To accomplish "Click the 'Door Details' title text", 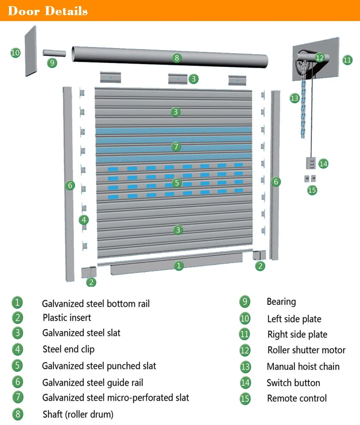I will click(x=48, y=11).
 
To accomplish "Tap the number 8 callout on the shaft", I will click(x=177, y=58).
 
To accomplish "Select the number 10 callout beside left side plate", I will click(x=15, y=53).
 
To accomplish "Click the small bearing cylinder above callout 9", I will click(x=54, y=53).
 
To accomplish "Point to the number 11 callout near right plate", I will click(x=347, y=60).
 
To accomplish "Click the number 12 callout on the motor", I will click(x=320, y=57).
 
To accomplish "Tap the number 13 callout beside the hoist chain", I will click(x=294, y=98).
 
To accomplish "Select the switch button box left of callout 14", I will click(x=311, y=163).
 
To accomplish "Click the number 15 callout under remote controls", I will click(x=312, y=190).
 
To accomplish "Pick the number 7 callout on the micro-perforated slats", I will click(x=176, y=147).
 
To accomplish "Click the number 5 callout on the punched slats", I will click(x=177, y=183).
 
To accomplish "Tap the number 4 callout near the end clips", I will click(x=84, y=220).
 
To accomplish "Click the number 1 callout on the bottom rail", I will click(x=179, y=266).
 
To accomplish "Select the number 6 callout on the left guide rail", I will click(x=70, y=185).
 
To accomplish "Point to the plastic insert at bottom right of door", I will click(x=259, y=255).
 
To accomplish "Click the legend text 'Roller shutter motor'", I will click(x=306, y=350).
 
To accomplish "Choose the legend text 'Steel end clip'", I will click(x=68, y=349).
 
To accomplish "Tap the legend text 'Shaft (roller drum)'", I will click(x=78, y=414).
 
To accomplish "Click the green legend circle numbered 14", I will click(x=245, y=383).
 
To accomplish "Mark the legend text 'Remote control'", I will click(x=296, y=398).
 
